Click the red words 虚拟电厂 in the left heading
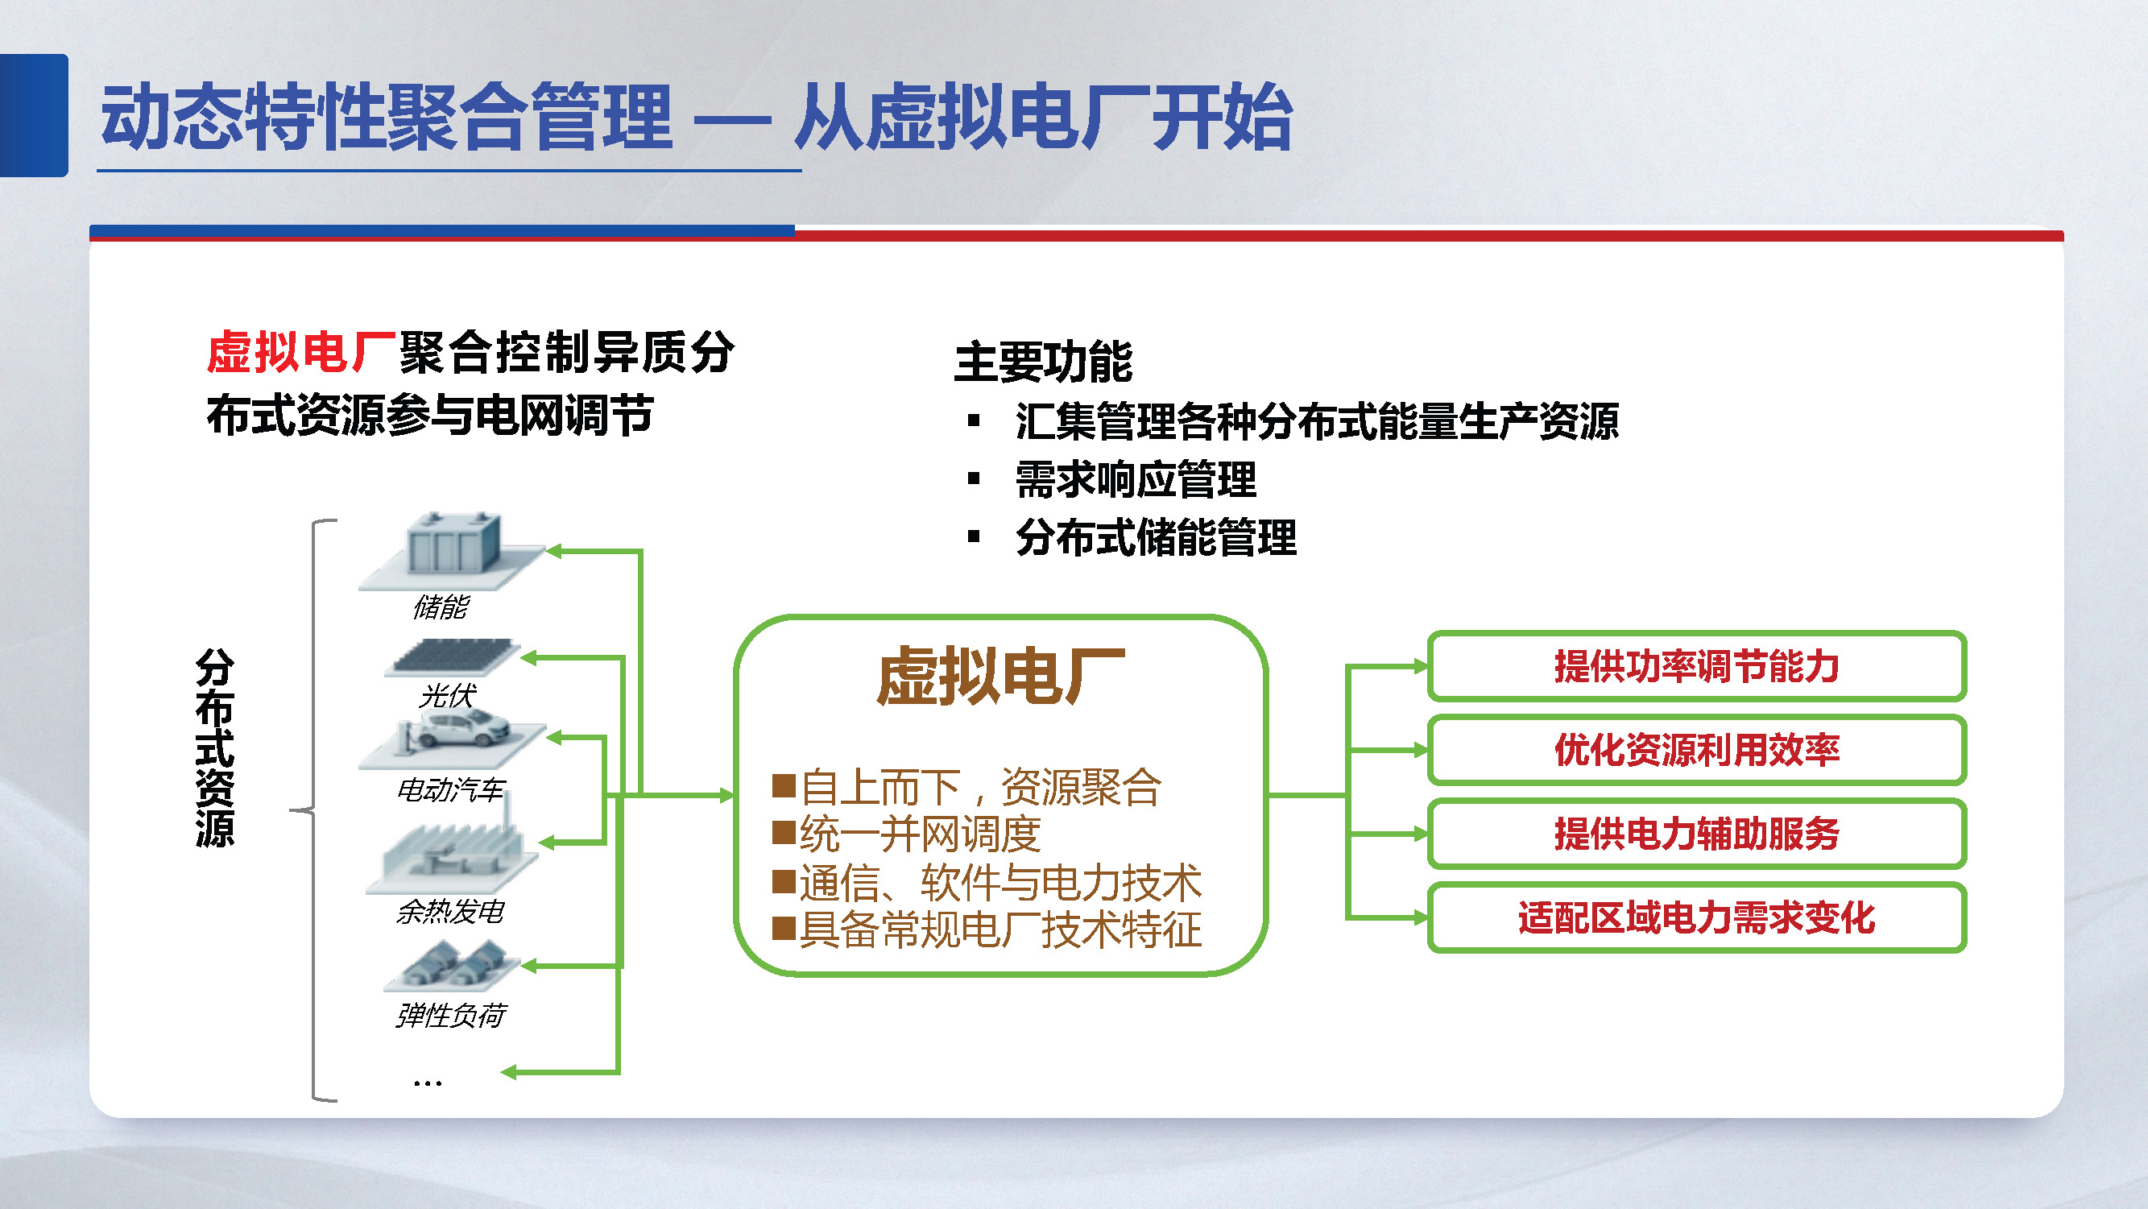point(300,352)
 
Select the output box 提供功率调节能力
point(1696,666)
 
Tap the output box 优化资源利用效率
point(1696,750)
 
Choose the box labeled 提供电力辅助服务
point(1696,834)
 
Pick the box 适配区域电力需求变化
point(1696,917)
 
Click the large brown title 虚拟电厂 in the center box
point(1000,677)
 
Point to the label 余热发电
point(450,911)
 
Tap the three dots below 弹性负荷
point(427,1083)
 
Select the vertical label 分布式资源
point(214,748)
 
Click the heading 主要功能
point(1042,362)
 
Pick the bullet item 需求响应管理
point(1135,480)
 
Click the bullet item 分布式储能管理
point(1156,538)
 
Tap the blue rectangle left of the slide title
point(33,115)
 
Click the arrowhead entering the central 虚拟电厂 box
point(726,796)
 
